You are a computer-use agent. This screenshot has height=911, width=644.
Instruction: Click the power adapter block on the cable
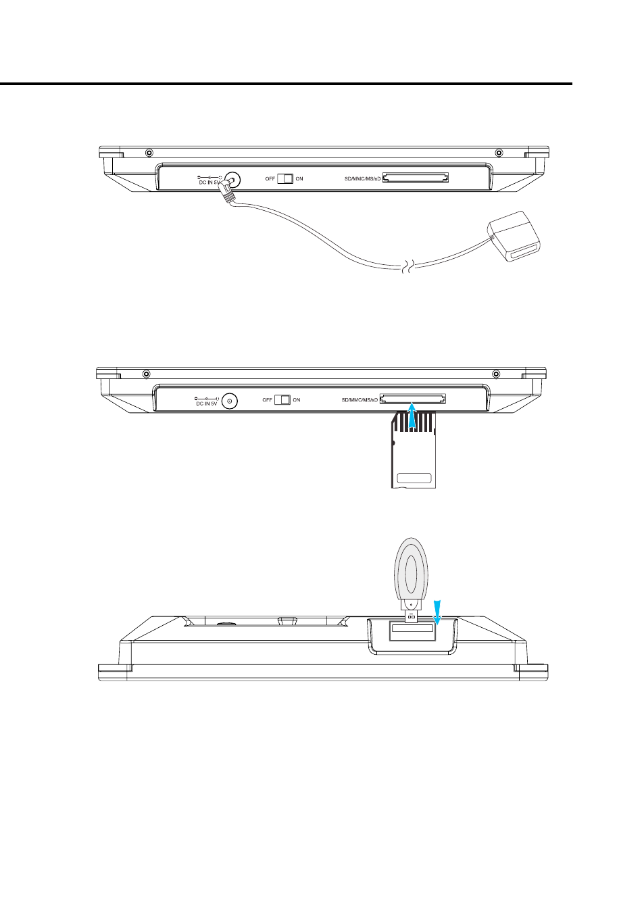(x=515, y=237)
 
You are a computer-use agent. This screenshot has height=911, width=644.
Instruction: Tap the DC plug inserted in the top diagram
(x=228, y=191)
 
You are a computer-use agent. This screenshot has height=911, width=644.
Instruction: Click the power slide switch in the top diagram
(x=285, y=178)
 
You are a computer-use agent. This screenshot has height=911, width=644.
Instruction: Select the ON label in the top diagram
(x=299, y=179)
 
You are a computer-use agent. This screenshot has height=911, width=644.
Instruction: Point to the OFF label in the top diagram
(x=270, y=179)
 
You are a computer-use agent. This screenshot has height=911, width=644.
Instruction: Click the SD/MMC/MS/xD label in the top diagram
(x=363, y=179)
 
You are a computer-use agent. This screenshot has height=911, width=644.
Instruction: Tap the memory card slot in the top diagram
(x=416, y=177)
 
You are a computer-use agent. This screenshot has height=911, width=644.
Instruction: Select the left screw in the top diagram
(x=149, y=153)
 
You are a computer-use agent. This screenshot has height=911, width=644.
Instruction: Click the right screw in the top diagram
(x=499, y=153)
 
